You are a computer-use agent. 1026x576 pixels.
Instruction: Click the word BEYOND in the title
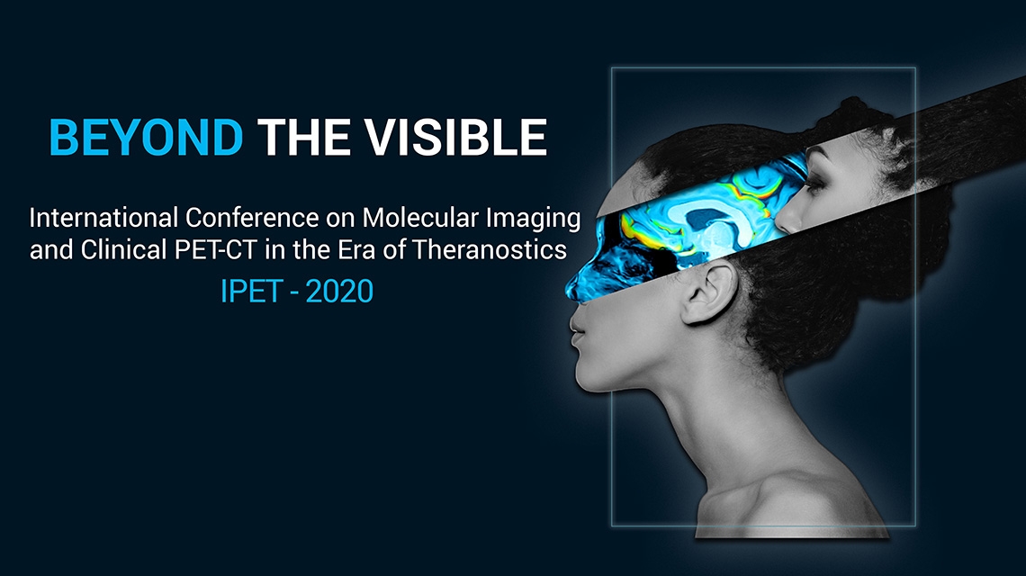coord(146,138)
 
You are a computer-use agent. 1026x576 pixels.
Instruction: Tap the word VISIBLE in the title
coord(455,138)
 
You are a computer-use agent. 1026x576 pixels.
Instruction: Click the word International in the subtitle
coord(103,218)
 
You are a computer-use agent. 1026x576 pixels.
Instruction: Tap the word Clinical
coord(123,249)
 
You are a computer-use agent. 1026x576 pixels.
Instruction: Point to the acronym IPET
coord(251,292)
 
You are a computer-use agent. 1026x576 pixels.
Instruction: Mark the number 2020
coord(339,292)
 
